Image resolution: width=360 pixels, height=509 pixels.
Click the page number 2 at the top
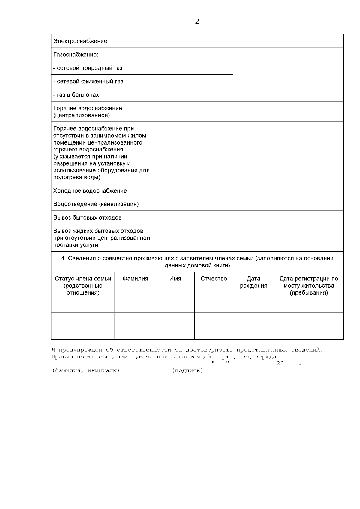click(197, 22)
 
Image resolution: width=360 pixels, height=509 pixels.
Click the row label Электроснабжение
click(80, 41)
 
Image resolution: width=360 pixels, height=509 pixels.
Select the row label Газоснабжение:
click(76, 55)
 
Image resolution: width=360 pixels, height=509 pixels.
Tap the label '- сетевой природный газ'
click(88, 68)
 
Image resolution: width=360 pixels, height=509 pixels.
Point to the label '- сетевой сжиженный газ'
click(88, 82)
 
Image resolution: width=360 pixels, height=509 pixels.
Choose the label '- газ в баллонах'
click(76, 95)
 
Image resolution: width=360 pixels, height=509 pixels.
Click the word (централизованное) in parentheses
click(82, 115)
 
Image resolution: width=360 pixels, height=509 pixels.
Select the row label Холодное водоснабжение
click(90, 191)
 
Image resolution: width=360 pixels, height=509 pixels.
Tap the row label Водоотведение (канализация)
click(96, 204)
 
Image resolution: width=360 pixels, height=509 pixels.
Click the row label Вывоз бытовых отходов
click(87, 218)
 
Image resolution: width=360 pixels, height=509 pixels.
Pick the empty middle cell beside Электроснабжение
click(194, 41)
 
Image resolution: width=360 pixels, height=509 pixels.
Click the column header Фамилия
click(135, 279)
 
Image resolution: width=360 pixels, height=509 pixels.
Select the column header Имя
click(175, 279)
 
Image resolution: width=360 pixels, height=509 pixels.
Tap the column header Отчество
click(214, 279)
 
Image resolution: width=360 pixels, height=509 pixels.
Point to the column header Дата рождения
click(253, 282)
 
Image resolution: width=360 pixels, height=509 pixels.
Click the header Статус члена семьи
click(83, 279)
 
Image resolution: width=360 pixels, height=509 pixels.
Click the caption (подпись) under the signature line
click(188, 371)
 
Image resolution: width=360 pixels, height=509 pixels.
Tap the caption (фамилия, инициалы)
click(86, 371)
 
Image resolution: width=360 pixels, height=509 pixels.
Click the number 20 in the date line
click(280, 364)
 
